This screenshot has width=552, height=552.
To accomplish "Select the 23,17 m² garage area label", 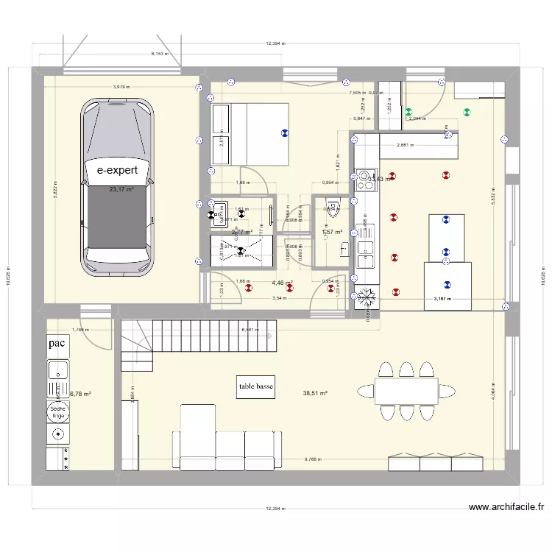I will tap(121, 189).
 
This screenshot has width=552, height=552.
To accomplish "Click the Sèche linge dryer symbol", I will tap(57, 412).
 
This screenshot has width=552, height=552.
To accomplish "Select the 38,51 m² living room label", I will tap(314, 393).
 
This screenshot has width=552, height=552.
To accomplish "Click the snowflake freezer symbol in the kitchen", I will tap(366, 297).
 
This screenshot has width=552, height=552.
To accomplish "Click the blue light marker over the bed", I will tap(284, 133).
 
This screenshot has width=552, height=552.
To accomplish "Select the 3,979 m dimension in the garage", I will tap(123, 88).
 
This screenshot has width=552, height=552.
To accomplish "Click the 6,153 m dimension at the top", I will tap(160, 54).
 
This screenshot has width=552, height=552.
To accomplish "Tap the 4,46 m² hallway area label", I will tap(282, 283).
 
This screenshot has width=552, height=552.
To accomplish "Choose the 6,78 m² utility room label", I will tap(79, 394).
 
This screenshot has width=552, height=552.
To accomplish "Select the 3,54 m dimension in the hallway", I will tap(278, 298).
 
